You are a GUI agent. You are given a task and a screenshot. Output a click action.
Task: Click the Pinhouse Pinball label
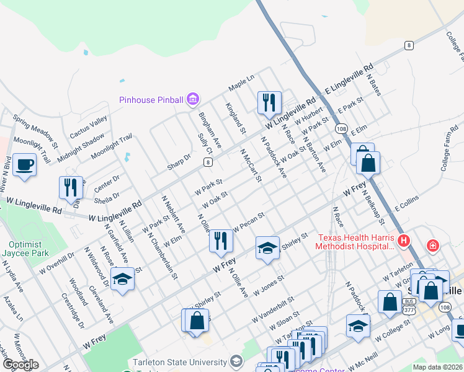click(x=152, y=99)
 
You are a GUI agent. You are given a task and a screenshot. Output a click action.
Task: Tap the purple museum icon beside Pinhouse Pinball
click(x=192, y=99)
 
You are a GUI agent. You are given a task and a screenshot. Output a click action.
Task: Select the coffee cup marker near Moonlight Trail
click(x=24, y=166)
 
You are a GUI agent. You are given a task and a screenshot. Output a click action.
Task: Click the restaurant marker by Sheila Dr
click(x=71, y=188)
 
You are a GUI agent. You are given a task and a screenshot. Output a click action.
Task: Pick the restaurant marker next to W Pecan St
click(x=220, y=241)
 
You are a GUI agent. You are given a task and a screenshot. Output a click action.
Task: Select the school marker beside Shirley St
click(x=267, y=249)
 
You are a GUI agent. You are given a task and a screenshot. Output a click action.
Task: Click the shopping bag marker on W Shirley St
click(x=197, y=321)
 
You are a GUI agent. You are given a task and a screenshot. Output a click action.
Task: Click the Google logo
click(x=20, y=365)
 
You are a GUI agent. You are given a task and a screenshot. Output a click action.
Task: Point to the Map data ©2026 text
click(x=437, y=367)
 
